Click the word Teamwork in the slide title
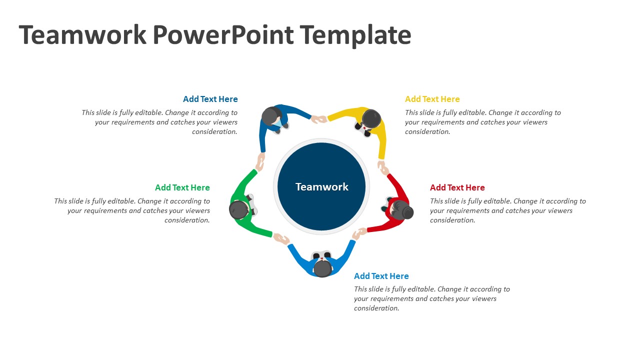coord(83,35)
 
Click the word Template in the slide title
coord(355,35)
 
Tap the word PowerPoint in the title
coord(223,35)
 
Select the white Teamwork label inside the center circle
coord(321,186)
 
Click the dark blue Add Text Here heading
coord(210,99)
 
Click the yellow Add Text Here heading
coord(432,99)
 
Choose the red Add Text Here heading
coord(457,187)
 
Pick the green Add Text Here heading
coord(182,187)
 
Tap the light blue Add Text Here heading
coord(381,276)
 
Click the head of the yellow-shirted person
coord(371,119)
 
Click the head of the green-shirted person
coord(238,209)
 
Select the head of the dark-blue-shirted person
coord(271,116)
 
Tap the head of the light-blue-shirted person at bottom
coord(322,268)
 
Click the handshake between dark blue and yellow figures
coord(319,119)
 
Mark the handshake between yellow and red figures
coord(383,167)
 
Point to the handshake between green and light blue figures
coord(281,239)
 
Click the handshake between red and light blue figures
coord(359,233)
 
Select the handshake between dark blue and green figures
coord(260,162)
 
